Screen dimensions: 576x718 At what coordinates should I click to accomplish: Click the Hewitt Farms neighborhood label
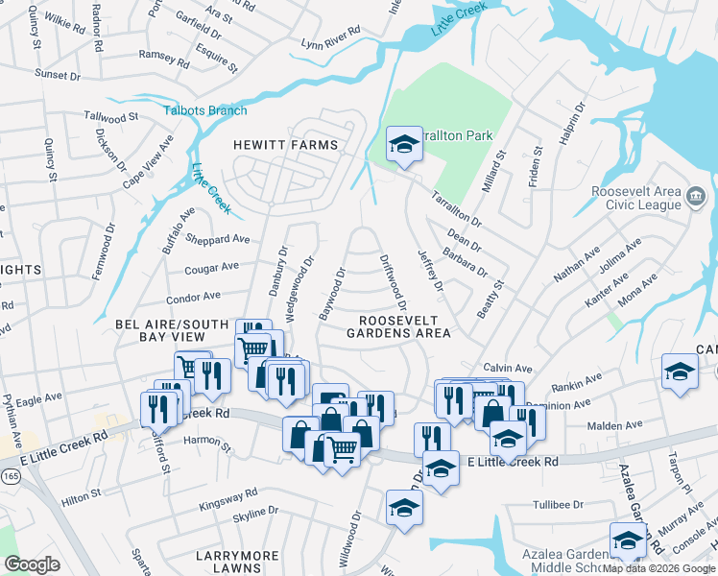(286, 145)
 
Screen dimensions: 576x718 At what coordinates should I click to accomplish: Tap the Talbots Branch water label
(204, 110)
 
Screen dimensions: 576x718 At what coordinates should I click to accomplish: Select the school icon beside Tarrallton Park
(404, 146)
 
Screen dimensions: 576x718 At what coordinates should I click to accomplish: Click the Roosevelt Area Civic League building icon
(697, 197)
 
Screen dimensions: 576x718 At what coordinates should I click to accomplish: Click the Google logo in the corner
(32, 564)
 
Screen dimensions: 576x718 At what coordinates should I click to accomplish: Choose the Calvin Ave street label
(507, 368)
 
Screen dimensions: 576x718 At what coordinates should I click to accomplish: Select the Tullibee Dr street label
(559, 504)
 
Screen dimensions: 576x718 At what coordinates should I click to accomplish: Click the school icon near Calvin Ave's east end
(680, 372)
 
